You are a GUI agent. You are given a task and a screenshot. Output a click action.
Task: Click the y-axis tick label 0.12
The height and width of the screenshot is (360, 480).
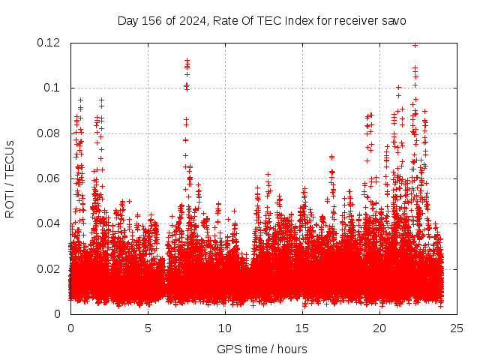pos(49,43)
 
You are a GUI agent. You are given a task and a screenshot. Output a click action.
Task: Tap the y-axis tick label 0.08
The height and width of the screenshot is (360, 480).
pos(49,133)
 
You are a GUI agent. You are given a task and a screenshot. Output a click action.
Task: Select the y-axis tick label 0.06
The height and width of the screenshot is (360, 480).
pos(49,178)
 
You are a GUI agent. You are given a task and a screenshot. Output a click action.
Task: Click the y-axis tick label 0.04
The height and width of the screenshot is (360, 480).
pos(49,223)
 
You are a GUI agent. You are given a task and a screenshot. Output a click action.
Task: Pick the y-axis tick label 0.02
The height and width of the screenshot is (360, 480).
pos(49,268)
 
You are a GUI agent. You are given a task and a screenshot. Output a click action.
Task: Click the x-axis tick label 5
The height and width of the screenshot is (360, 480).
pos(148,328)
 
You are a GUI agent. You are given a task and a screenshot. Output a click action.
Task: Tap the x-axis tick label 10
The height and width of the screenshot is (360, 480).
pos(225,328)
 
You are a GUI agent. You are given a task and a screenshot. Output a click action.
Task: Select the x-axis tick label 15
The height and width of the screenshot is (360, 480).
pos(302,328)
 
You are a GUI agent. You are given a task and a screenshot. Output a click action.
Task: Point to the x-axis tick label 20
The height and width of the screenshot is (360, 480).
pos(379,328)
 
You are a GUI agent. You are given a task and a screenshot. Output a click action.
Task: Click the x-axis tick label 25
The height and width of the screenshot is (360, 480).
pos(457,328)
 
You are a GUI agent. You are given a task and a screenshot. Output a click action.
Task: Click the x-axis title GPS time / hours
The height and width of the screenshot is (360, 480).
pos(262,349)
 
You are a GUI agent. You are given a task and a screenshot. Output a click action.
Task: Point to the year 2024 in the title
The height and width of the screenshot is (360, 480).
pos(190,20)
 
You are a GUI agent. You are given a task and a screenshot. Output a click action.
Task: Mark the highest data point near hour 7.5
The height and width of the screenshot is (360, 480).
pos(187,60)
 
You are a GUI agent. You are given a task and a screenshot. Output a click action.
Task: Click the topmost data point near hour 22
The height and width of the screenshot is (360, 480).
pos(415,45)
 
